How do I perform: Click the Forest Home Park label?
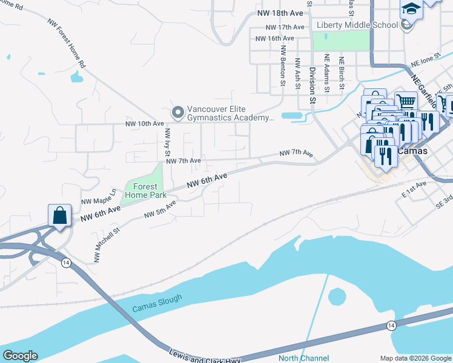tap(142, 191)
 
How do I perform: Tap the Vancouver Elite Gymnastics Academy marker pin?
tap(177, 113)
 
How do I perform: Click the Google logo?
tap(19, 356)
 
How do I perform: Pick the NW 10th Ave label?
tap(145, 123)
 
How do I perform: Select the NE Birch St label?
tap(342, 73)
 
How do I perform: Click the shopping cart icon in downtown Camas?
tap(406, 102)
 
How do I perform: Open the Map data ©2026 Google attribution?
tap(415, 358)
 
